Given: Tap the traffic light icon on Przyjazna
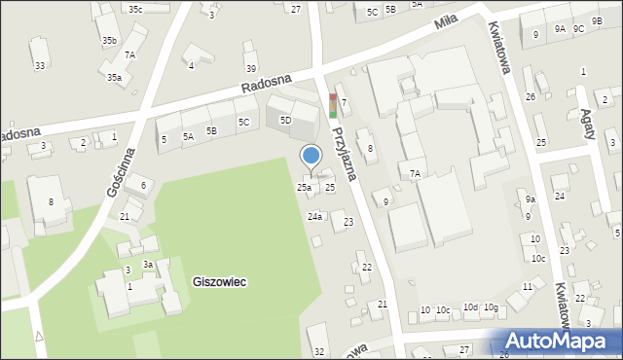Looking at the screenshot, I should [334, 105].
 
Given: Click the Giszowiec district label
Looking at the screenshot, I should [219, 281].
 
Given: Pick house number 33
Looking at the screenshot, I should [39, 65].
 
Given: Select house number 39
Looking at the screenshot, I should [251, 68].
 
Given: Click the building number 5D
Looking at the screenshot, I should [285, 120].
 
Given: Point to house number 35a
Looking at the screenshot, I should [114, 77].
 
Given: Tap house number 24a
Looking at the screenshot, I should [314, 216].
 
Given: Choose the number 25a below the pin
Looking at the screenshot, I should [304, 187].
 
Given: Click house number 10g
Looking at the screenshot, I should [491, 308].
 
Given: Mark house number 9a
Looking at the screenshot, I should [531, 198].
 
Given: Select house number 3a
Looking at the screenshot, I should [148, 265].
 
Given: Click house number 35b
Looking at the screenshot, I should [109, 40].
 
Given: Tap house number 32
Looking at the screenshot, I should [318, 351].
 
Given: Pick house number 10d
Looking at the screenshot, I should [470, 307].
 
